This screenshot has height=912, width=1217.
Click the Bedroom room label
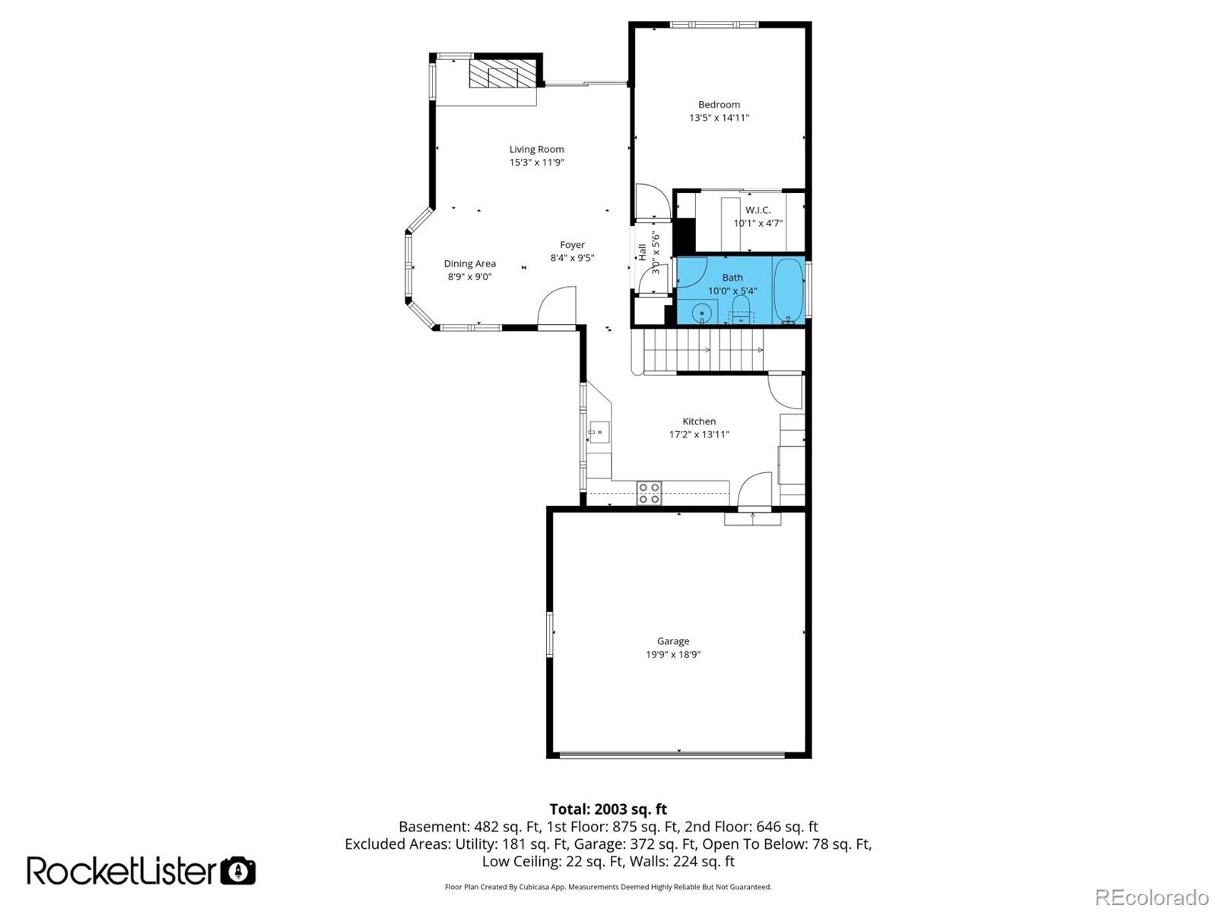point(719,105)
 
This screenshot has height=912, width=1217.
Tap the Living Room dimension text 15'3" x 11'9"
point(536,163)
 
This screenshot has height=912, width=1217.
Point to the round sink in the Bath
point(701,312)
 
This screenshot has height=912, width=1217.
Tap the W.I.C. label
point(758,210)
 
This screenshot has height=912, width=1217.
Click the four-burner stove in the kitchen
point(649,493)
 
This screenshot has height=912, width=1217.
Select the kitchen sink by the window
point(599,433)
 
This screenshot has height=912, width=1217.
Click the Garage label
point(673,641)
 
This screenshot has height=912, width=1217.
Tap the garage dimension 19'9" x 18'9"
point(673,655)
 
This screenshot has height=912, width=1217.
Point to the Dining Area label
point(469,264)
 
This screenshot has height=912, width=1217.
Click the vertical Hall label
point(642,252)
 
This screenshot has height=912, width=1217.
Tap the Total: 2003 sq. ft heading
point(608,809)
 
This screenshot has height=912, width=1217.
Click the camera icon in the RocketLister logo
point(238,871)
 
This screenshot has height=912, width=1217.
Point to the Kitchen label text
point(698,421)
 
